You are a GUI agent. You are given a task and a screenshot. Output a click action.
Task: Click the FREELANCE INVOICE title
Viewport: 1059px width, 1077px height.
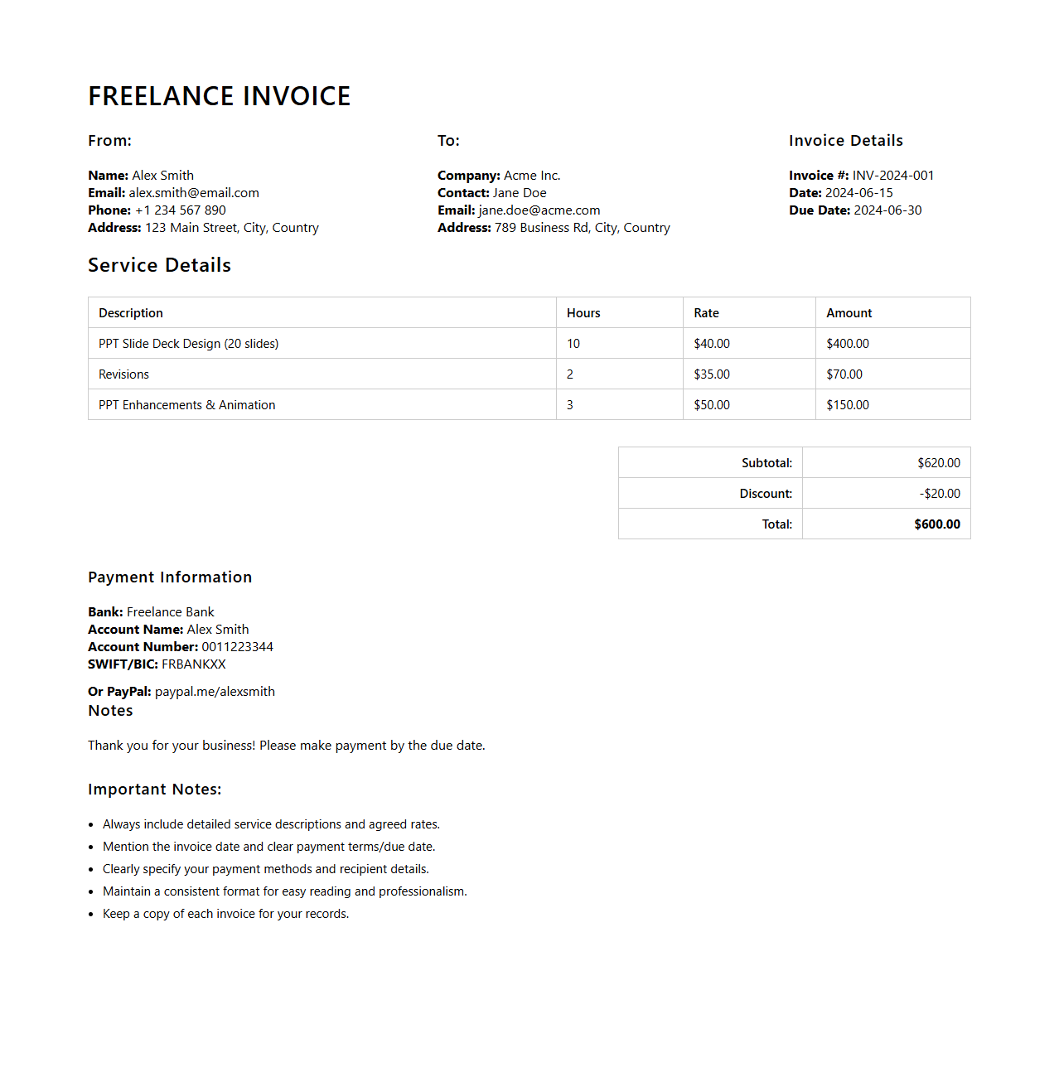click(x=220, y=96)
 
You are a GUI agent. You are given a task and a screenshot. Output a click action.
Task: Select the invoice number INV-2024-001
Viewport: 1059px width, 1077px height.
click(x=892, y=176)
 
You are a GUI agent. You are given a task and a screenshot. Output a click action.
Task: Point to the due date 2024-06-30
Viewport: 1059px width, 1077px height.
click(x=887, y=210)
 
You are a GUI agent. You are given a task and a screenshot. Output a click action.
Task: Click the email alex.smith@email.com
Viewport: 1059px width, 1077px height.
click(x=194, y=193)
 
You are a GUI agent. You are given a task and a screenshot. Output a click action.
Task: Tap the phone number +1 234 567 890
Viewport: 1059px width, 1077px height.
click(x=181, y=210)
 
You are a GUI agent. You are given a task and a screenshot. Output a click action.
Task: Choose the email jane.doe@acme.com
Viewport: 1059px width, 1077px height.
click(x=539, y=210)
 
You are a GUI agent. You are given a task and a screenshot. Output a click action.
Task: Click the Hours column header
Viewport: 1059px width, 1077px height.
click(x=583, y=313)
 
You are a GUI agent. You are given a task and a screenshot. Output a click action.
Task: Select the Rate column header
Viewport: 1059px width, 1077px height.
click(x=706, y=313)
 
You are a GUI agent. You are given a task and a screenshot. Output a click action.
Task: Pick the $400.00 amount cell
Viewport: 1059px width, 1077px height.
click(x=848, y=344)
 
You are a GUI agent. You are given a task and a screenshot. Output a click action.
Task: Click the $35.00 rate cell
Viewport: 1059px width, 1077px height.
click(x=712, y=374)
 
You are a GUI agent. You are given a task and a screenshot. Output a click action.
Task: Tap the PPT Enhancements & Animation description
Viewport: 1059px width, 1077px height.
click(x=186, y=405)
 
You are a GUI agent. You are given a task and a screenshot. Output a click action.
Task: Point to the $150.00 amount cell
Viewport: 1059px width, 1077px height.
click(x=848, y=405)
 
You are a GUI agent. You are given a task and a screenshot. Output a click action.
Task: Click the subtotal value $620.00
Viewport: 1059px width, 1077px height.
click(x=938, y=463)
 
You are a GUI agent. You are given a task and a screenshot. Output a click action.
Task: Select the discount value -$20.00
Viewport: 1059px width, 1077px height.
click(x=940, y=494)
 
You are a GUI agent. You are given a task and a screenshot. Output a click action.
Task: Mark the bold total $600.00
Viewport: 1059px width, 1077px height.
click(x=937, y=524)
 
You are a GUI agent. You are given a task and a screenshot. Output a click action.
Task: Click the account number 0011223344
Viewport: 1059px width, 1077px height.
click(x=237, y=647)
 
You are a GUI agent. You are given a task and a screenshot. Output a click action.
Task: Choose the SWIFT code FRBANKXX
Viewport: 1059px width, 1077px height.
click(x=193, y=664)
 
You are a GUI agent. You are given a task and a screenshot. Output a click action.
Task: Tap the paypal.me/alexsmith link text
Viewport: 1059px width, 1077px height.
click(x=215, y=692)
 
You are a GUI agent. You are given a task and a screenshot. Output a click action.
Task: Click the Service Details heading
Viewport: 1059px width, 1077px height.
click(x=159, y=265)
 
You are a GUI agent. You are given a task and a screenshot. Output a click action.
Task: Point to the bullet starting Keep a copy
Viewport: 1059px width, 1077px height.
click(x=225, y=914)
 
